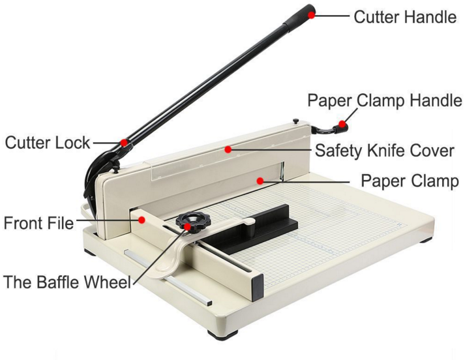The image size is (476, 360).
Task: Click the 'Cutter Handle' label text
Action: [x=405, y=17]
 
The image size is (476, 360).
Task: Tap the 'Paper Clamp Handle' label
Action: [x=385, y=100]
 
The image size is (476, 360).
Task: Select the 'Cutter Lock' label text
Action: [x=48, y=142]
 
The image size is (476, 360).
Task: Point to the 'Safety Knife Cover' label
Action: [x=384, y=150]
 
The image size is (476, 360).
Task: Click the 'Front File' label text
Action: [x=38, y=223]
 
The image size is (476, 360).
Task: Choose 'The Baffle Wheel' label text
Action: [x=67, y=282]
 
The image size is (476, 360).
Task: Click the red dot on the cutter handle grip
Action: [x=312, y=15]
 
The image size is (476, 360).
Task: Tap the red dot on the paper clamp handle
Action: [x=342, y=124]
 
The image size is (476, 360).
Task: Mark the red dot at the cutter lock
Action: [x=123, y=142]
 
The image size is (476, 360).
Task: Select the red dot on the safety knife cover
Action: [x=228, y=149]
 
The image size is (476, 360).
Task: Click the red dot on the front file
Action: [x=141, y=220]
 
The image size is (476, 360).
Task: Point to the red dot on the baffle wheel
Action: [x=188, y=226]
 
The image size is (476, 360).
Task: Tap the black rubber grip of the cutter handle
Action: [x=299, y=18]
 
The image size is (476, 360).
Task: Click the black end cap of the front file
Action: [x=258, y=288]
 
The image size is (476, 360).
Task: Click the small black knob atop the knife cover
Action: [x=296, y=121]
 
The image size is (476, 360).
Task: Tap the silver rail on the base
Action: [x=168, y=277]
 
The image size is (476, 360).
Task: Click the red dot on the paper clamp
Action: [x=260, y=181]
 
